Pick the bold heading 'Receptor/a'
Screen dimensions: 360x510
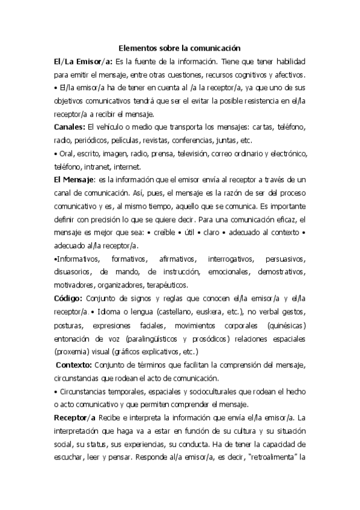click(75, 417)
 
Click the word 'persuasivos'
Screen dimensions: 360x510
click(284, 259)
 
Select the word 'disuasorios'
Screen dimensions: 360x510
click(71, 272)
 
